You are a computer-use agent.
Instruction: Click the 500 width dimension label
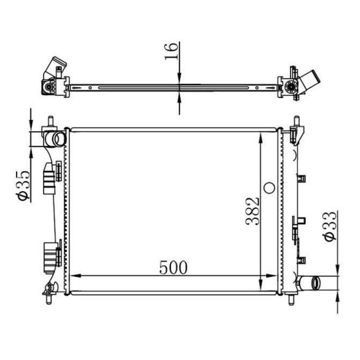click(173, 268)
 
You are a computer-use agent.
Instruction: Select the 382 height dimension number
click(253, 211)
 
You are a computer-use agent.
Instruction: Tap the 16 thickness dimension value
click(171, 51)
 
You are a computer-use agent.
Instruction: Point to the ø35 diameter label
click(23, 186)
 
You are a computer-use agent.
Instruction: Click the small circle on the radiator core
click(269, 188)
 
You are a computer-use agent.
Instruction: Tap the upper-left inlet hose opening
click(60, 139)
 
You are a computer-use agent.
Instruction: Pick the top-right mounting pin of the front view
click(297, 121)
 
